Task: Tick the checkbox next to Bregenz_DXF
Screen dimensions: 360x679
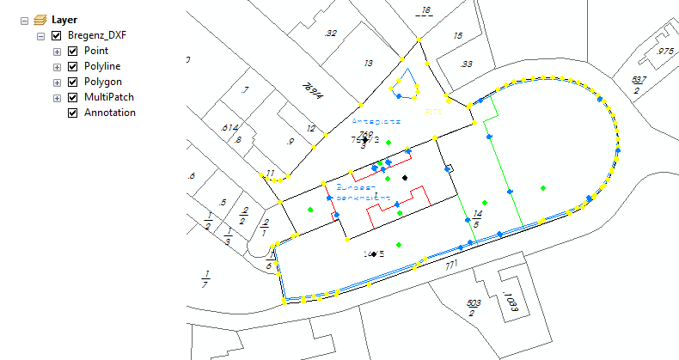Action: pyautogui.click(x=57, y=36)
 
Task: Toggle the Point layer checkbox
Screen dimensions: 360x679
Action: pyautogui.click(x=72, y=52)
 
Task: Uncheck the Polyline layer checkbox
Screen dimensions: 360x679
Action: pyautogui.click(x=72, y=67)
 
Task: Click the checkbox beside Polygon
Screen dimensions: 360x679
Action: pyautogui.click(x=72, y=82)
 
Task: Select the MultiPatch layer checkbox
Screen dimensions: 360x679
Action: pyautogui.click(x=72, y=98)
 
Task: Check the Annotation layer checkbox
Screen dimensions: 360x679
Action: pyautogui.click(x=72, y=113)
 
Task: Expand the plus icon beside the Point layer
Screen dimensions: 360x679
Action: pyautogui.click(x=58, y=52)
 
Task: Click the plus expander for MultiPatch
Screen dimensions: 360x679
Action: pyautogui.click(x=58, y=98)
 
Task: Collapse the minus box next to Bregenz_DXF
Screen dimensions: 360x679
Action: pyautogui.click(x=41, y=36)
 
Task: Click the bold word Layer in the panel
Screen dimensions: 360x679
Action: pyautogui.click(x=64, y=19)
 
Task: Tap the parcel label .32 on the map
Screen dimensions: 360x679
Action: pyautogui.click(x=331, y=33)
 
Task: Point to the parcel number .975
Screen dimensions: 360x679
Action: pyautogui.click(x=664, y=52)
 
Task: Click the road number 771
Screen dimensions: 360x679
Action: pyautogui.click(x=451, y=269)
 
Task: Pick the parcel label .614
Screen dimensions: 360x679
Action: pyautogui.click(x=229, y=127)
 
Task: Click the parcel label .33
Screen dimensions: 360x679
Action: pyautogui.click(x=466, y=64)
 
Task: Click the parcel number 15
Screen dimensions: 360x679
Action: pyautogui.click(x=458, y=36)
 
